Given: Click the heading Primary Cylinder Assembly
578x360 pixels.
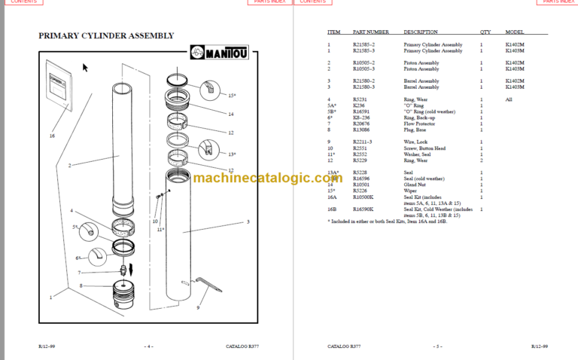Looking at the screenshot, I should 106,35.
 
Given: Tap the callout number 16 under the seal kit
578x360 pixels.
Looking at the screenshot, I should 52,136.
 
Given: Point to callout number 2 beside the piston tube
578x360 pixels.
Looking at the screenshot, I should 69,165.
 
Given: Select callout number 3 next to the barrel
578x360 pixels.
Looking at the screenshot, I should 247,222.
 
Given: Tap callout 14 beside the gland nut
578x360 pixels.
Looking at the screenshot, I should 231,114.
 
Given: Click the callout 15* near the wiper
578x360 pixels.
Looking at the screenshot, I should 232,96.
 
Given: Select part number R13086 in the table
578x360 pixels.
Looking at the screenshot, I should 363,130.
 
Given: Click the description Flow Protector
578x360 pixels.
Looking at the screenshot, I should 418,125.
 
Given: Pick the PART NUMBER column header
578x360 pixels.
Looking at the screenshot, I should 371,32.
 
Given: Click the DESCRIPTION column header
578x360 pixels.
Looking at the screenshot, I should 420,32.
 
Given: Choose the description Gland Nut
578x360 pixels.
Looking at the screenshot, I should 414,183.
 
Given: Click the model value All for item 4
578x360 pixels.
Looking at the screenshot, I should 509,99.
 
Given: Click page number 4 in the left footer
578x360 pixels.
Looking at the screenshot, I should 149,346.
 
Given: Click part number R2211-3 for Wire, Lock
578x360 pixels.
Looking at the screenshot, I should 364,142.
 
